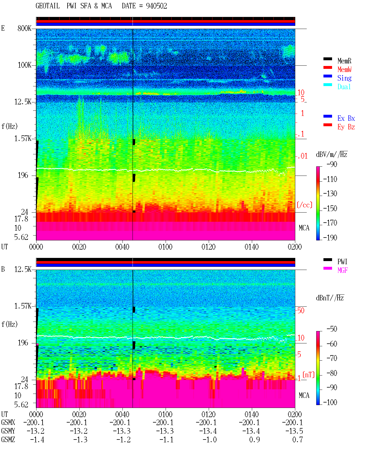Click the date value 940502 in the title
[x=156, y=6]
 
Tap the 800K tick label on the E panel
[x=24, y=28]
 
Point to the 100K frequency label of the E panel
[x=24, y=65]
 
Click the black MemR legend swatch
[x=327, y=59]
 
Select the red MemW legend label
[x=344, y=69]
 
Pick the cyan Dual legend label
[x=344, y=87]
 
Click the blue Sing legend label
[x=344, y=78]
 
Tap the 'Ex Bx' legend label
[x=346, y=118]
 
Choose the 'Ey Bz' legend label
[x=346, y=127]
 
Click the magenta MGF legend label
[x=342, y=270]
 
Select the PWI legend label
[x=342, y=261]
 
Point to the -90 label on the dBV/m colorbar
[x=332, y=164]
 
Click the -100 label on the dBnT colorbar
[x=330, y=402]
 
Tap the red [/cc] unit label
[x=304, y=205]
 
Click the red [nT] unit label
[x=308, y=375]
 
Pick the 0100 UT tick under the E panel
[x=165, y=247]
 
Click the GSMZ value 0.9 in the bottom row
[x=254, y=440]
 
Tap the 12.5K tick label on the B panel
[x=23, y=269]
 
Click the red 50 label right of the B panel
[x=301, y=310]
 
